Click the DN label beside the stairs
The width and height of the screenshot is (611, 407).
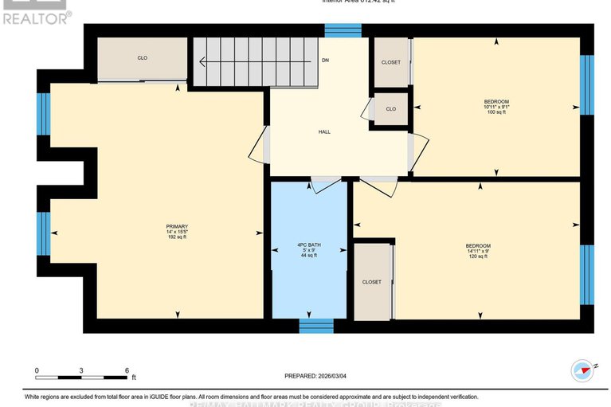click(x=325, y=60)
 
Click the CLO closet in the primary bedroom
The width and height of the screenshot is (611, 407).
click(x=143, y=57)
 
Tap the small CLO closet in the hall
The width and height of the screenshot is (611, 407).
click(x=390, y=109)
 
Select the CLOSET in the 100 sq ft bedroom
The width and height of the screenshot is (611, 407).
click(x=390, y=62)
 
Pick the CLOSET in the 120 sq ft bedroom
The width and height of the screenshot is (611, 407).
click(x=371, y=282)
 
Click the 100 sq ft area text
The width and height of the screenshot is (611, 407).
click(x=496, y=112)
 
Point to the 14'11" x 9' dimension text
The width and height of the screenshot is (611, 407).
click(x=478, y=251)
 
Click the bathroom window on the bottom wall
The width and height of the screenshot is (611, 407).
click(x=316, y=325)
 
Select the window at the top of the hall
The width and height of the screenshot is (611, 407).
click(x=343, y=30)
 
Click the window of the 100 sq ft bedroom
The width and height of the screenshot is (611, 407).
click(x=586, y=85)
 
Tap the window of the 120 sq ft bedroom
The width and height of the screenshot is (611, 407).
click(x=586, y=275)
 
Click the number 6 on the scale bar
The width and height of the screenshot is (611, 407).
click(x=126, y=371)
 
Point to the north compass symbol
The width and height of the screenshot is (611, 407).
click(x=583, y=370)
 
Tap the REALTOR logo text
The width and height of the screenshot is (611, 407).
click(x=37, y=16)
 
